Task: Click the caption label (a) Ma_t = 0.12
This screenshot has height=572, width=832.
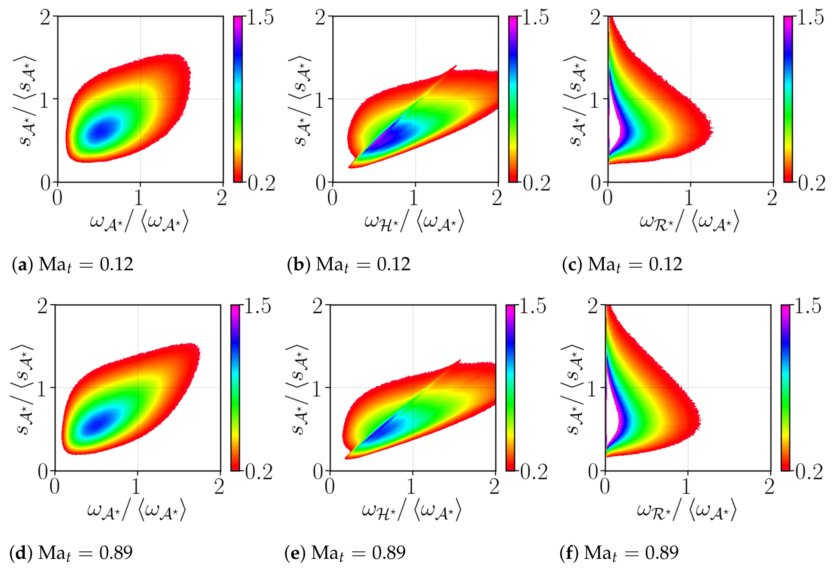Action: [73, 265]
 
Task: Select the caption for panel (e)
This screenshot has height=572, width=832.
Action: [345, 553]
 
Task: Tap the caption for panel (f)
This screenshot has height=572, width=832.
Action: [619, 553]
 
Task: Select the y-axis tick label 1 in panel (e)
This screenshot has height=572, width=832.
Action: [317, 388]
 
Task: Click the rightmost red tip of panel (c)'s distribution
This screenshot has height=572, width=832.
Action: [711, 129]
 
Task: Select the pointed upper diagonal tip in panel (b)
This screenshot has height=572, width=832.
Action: [456, 66]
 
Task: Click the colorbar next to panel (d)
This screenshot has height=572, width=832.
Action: [235, 387]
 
